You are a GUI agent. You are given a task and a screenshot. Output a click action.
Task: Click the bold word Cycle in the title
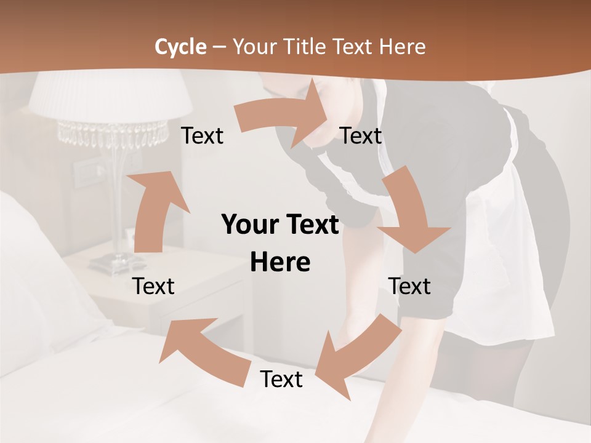click(x=180, y=47)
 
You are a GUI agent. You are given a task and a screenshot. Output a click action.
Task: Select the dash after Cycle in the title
click(x=219, y=47)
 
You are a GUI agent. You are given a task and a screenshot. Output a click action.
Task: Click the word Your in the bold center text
click(x=250, y=225)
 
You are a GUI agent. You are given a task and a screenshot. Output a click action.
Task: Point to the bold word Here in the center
click(x=280, y=263)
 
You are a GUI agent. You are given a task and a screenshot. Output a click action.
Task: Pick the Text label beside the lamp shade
click(x=202, y=135)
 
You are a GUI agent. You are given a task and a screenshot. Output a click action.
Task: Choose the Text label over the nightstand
click(x=153, y=286)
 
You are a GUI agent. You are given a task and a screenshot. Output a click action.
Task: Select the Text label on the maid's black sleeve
click(x=409, y=286)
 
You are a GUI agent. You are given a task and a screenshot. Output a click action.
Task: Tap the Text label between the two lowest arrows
click(x=281, y=379)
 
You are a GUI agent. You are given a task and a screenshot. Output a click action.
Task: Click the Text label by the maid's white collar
click(x=361, y=135)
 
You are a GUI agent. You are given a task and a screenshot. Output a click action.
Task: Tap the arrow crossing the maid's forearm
click(x=356, y=354)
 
